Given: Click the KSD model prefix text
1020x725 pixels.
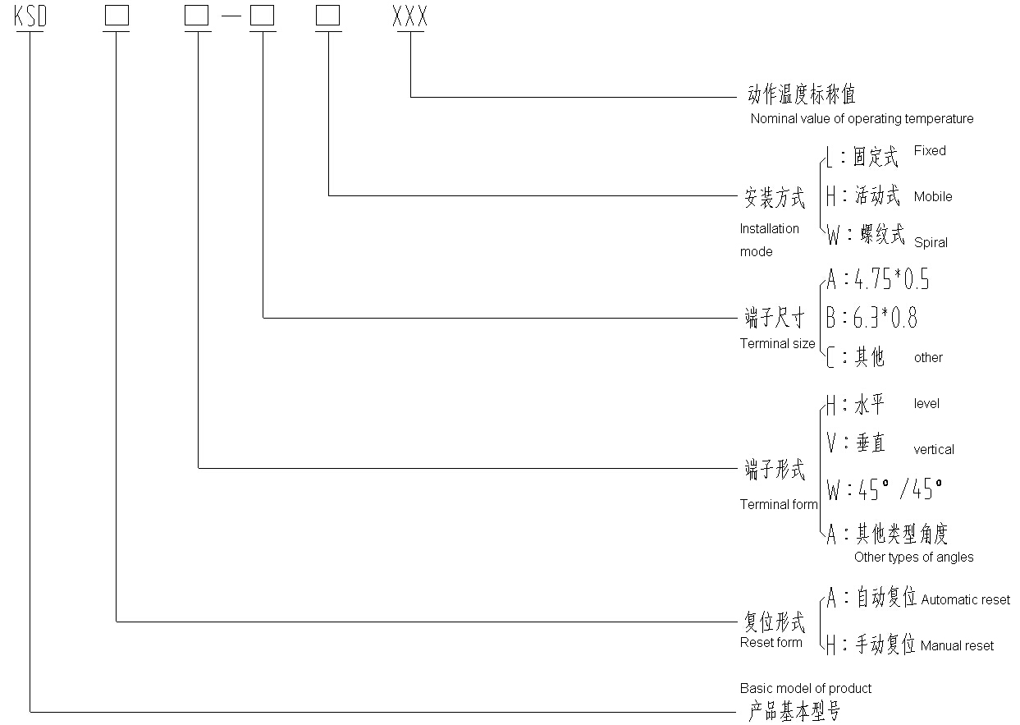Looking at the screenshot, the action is [30, 18].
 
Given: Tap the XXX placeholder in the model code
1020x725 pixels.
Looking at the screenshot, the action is [410, 18].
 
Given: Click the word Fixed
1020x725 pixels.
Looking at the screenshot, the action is [930, 151].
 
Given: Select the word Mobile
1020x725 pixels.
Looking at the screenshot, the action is [933, 197].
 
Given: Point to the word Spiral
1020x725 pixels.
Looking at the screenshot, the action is [931, 243].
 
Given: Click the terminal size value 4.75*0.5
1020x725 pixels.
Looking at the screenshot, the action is [892, 281].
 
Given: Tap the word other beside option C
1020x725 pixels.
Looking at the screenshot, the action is [928, 358].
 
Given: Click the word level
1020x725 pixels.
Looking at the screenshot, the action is [926, 404].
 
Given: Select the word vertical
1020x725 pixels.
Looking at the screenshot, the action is [934, 450].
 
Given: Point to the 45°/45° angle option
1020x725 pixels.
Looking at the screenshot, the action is [899, 490].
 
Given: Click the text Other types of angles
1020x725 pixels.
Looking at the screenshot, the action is [913, 558].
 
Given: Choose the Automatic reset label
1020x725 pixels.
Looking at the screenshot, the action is [966, 600].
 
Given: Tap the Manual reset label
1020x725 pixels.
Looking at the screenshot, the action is [957, 646].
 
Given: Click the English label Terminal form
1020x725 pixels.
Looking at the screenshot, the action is [779, 505].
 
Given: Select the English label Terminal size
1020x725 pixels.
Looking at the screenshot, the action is [777, 344].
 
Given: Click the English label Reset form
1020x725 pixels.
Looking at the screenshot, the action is [771, 643].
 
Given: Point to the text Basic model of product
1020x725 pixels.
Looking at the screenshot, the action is [805, 689].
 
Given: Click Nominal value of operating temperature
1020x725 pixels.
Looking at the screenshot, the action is [862, 119].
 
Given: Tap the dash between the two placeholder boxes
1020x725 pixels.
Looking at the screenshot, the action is [230, 18].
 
